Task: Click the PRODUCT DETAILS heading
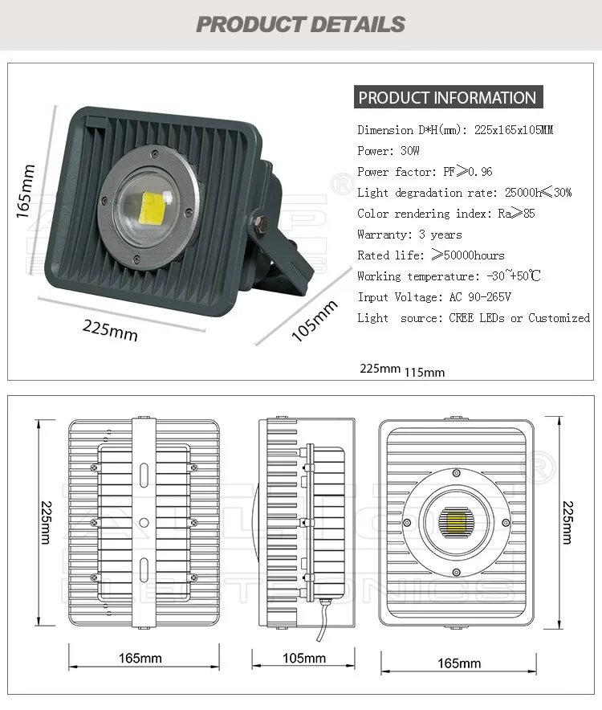pyautogui.click(x=300, y=24)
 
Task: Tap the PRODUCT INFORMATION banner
pyautogui.click(x=448, y=97)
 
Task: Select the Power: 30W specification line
pyautogui.click(x=388, y=151)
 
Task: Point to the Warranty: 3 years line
pyautogui.click(x=409, y=235)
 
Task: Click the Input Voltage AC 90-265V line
pyautogui.click(x=434, y=297)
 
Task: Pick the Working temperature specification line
pyautogui.click(x=449, y=275)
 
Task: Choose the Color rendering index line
pyautogui.click(x=446, y=214)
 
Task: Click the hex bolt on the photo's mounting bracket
pyautogui.click(x=260, y=222)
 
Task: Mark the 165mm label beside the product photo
pyautogui.click(x=26, y=190)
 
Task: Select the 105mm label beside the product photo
pyautogui.click(x=314, y=320)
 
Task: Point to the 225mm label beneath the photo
pyautogui.click(x=110, y=330)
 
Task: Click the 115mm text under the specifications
pyautogui.click(x=424, y=372)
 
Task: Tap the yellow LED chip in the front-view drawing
pyautogui.click(x=456, y=522)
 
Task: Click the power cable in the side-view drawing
pyautogui.click(x=323, y=620)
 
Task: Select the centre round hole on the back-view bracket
pyautogui.click(x=144, y=523)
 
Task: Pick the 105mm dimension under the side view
pyautogui.click(x=304, y=658)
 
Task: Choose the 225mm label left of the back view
pyautogui.click(x=47, y=522)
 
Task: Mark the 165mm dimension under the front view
pyautogui.click(x=459, y=663)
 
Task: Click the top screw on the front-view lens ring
pyautogui.click(x=456, y=473)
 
